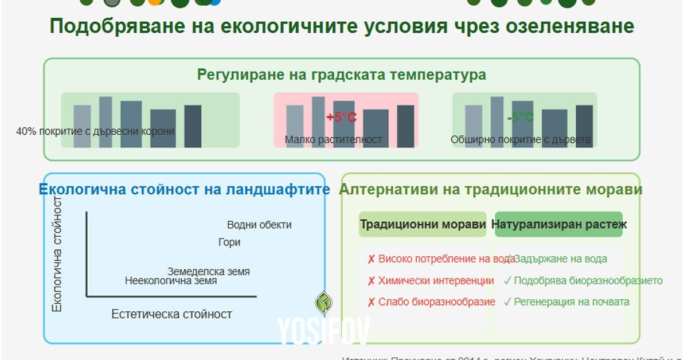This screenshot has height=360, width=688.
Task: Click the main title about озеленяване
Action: [x=342, y=26]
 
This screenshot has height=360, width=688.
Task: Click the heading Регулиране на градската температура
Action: [x=342, y=75]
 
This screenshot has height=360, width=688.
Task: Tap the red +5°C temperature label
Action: [x=341, y=118]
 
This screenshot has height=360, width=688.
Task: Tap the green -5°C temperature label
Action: [x=520, y=118]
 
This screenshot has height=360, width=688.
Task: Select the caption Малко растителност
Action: [x=333, y=139]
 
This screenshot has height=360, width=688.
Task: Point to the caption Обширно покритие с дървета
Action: [x=520, y=139]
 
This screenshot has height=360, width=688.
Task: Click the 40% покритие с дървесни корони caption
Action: [x=95, y=131]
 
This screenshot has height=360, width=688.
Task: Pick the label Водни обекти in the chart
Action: [x=259, y=225]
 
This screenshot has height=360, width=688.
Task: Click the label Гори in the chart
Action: [x=229, y=242]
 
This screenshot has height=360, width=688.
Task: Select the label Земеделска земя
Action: [x=209, y=271]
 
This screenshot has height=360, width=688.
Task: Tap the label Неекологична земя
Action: [x=171, y=281]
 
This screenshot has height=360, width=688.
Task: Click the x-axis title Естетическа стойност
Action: [x=171, y=314]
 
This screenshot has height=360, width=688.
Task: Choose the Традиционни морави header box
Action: [x=423, y=225]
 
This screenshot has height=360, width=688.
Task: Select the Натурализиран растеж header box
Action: [x=559, y=225]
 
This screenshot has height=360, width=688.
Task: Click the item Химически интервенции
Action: [x=436, y=281]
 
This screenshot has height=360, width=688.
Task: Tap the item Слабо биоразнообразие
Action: [x=436, y=302]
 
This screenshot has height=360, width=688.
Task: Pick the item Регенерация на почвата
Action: [x=571, y=302]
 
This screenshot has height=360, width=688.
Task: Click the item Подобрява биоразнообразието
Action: [x=588, y=281]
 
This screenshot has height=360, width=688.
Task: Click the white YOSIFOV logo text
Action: [x=324, y=331]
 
